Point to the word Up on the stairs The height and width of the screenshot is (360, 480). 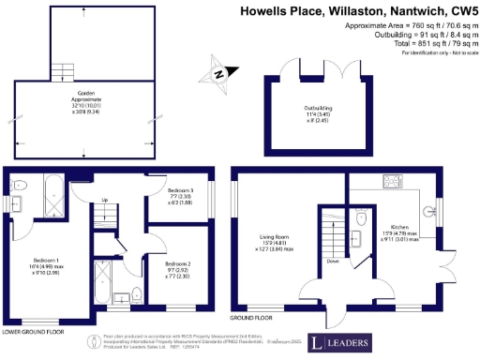click(104, 200)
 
